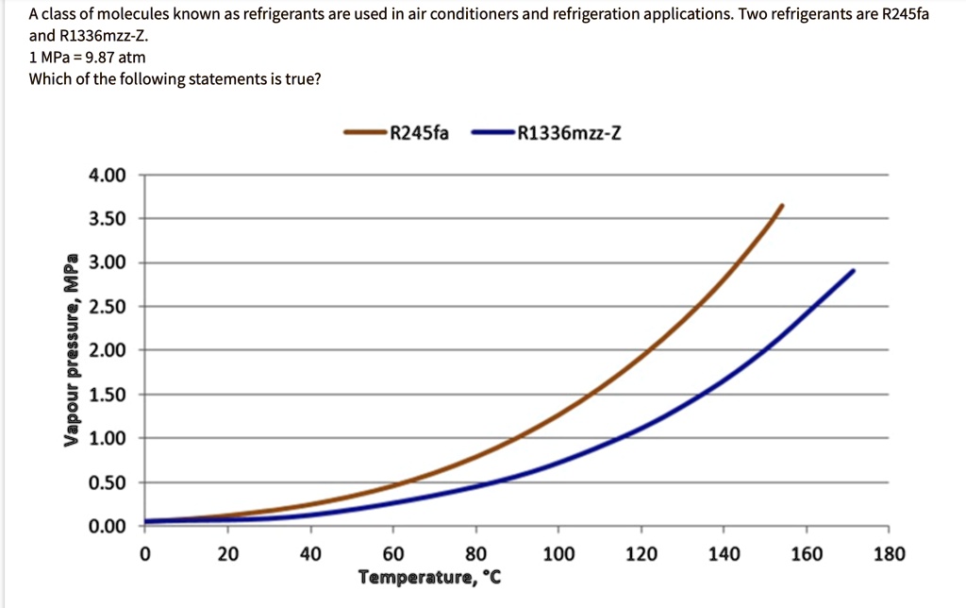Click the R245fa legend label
pyautogui.click(x=419, y=133)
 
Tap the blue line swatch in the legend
pyautogui.click(x=491, y=133)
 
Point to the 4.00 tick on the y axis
pyautogui.click(x=106, y=176)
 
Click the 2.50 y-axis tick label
pyautogui.click(x=106, y=307)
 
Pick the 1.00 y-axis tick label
pyautogui.click(x=106, y=438)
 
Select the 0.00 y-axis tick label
pyautogui.click(x=106, y=526)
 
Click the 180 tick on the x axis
pyautogui.click(x=889, y=554)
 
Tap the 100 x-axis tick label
pyautogui.click(x=558, y=554)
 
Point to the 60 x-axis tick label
pyautogui.click(x=393, y=554)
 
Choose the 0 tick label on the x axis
pyautogui.click(x=144, y=554)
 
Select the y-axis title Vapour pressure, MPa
pyautogui.click(x=69, y=349)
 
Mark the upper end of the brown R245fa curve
pyautogui.click(x=781, y=206)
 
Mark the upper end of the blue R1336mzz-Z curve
pyautogui.click(x=853, y=271)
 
